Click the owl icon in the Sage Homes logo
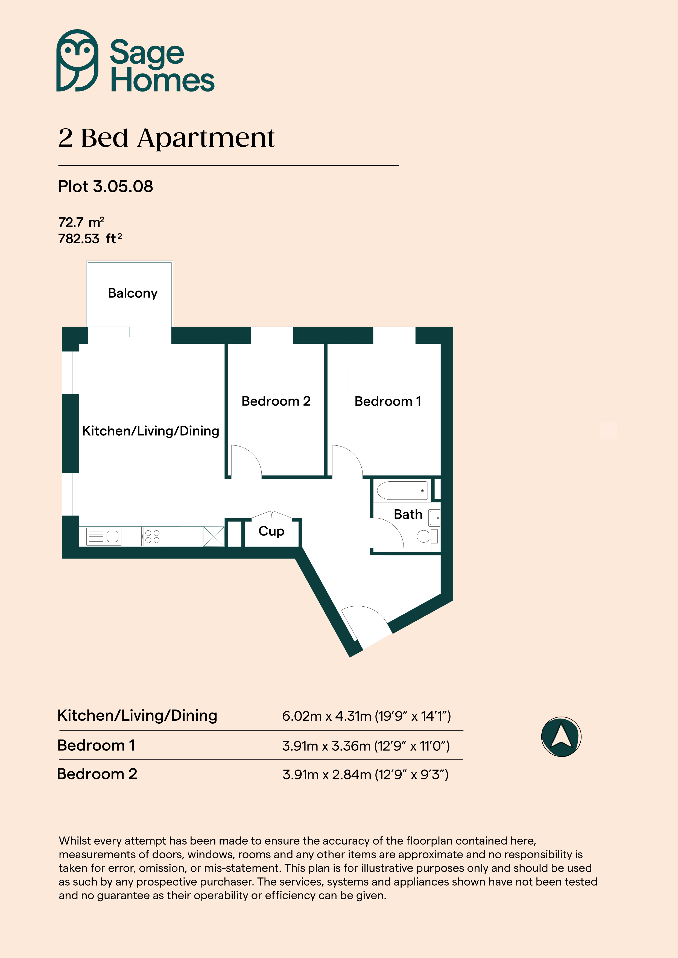click(77, 61)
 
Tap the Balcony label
click(133, 293)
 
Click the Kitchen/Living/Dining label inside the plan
click(151, 431)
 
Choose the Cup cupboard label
click(271, 531)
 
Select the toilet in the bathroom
click(427, 536)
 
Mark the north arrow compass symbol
click(561, 737)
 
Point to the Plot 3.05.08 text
click(106, 187)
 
